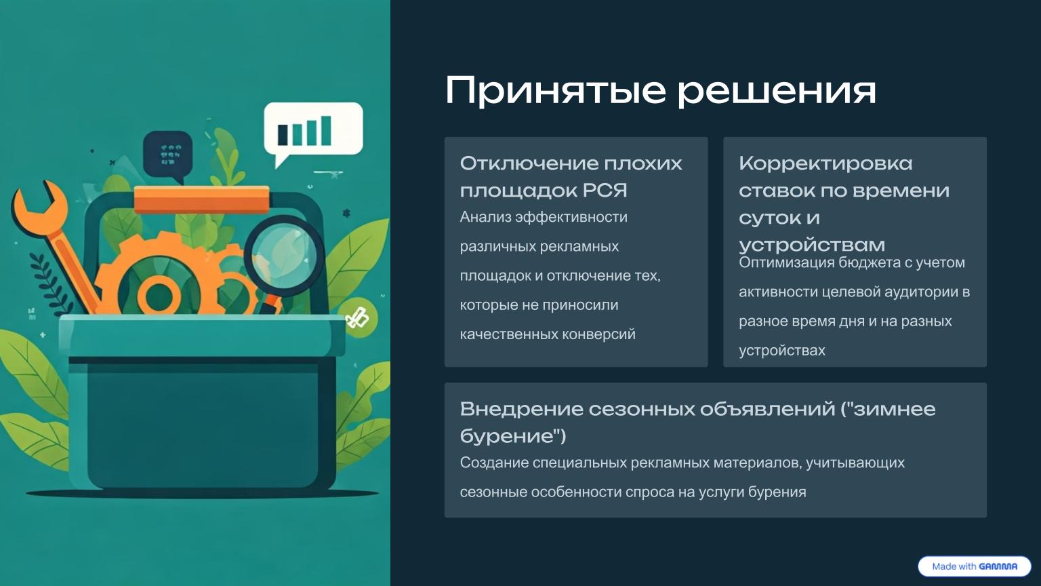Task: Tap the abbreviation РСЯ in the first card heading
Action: click(605, 191)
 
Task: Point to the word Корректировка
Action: click(825, 163)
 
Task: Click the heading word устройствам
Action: click(812, 244)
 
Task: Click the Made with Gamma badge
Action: click(974, 566)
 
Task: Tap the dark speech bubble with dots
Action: click(168, 153)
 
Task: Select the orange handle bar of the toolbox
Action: click(201, 199)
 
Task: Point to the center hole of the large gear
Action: click(159, 296)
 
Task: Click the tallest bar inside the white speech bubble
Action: click(326, 130)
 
